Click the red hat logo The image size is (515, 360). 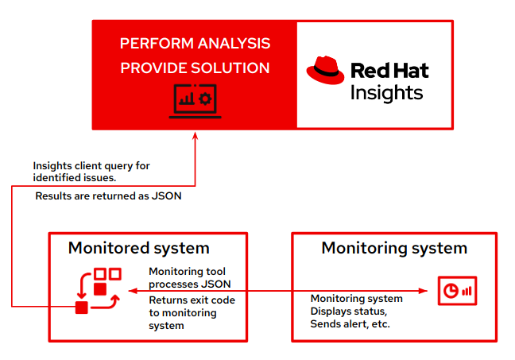coord(326,71)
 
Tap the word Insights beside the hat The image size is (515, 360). coord(386,92)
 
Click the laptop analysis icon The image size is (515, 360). coord(195,100)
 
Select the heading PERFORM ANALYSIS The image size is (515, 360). coord(195,44)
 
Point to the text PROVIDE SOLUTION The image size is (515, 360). coord(195,68)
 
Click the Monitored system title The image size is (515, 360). coord(138,248)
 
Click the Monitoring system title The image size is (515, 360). coord(394,248)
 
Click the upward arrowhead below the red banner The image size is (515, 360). coord(195,135)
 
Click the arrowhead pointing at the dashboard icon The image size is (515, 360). coord(430,291)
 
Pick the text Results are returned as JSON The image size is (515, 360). coord(109,195)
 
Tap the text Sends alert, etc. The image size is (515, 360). coord(350,324)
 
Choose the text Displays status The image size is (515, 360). coord(343,312)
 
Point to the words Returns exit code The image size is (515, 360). coord(192,300)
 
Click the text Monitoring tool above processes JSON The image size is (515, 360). coord(188,272)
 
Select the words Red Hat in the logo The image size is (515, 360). coord(389,70)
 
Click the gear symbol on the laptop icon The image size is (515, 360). coord(204,99)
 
